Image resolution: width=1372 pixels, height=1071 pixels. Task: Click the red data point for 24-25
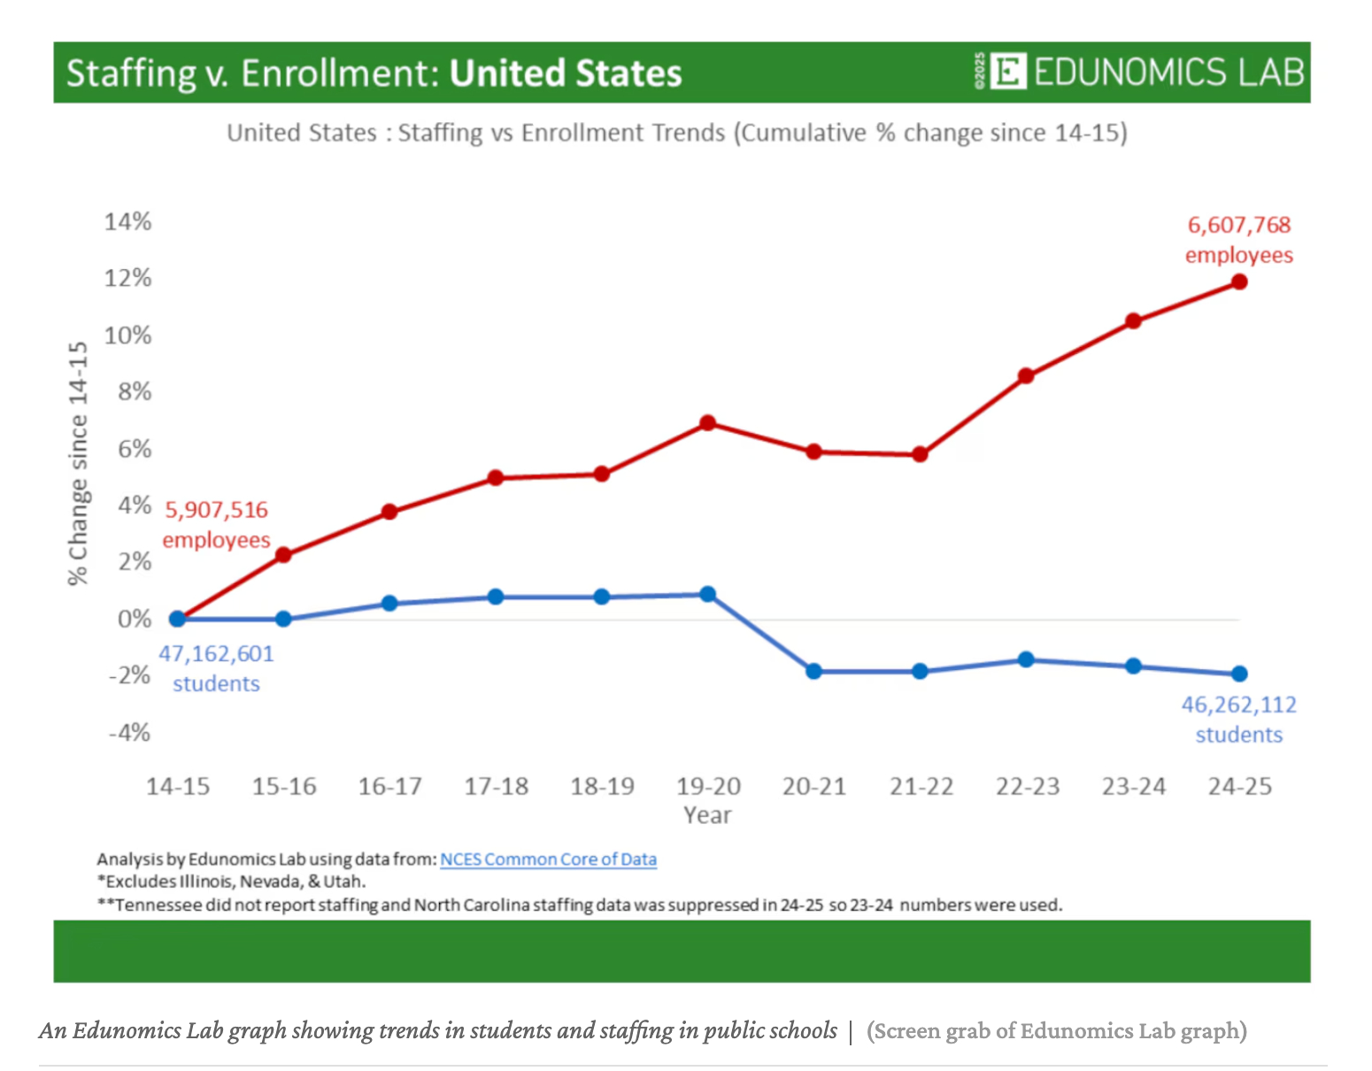coord(1239,282)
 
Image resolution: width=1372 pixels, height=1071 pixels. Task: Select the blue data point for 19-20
coord(708,595)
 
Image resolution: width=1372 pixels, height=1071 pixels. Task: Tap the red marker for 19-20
coord(708,423)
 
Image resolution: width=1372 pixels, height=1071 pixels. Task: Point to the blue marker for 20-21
coord(814,672)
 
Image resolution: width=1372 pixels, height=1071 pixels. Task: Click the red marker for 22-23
coord(1026,376)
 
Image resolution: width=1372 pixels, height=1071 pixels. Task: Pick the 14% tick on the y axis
coord(128,221)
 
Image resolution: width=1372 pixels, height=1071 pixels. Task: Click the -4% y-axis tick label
coord(129,733)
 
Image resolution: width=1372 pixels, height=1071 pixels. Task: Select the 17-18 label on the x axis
coord(497,786)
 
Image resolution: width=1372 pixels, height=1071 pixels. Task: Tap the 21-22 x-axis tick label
coord(921,786)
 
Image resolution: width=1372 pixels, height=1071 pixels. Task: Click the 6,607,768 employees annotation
coord(1239,240)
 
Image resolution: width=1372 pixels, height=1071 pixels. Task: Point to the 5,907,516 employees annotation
coord(217,525)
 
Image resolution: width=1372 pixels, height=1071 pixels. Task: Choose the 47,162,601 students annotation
coord(217,668)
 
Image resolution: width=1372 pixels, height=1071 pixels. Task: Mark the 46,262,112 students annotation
coord(1239,720)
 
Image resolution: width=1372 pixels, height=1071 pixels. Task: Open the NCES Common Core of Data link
coord(549,859)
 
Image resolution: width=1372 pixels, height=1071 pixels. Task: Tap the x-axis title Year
coord(707,815)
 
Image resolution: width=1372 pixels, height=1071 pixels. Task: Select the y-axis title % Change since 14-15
coord(78,463)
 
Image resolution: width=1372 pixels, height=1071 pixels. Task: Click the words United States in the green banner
coord(566,73)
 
